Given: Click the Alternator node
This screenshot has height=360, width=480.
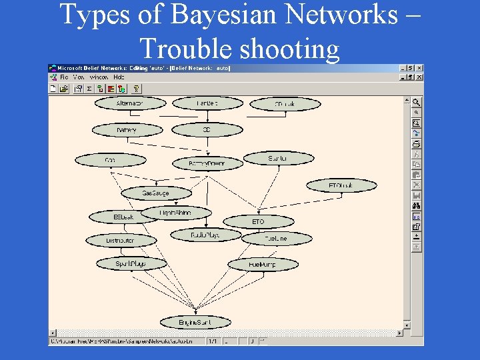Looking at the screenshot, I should pos(129,103).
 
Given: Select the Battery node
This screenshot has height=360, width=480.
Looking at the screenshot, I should pos(127,130).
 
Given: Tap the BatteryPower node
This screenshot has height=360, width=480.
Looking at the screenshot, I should pos(207,163).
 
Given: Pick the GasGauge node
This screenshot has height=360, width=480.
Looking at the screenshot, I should pos(156,193).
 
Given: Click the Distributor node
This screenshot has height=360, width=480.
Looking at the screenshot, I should pos(121,240).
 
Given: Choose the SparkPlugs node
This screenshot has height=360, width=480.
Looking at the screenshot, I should pos(131,264).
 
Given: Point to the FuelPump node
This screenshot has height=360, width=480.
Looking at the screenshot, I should pos(262,265).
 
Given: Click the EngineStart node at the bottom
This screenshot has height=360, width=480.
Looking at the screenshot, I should pos(195,323).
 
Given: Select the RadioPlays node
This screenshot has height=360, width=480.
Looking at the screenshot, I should pos(205,235).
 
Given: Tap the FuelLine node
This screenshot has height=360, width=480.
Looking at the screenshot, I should pos(275,238).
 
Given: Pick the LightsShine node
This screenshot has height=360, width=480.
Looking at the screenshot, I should pos(176,213).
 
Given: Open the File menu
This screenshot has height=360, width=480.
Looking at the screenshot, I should pos(64,77).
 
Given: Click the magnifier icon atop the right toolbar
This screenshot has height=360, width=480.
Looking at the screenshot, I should pos(416,103).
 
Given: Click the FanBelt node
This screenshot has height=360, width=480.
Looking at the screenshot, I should pos(207,103).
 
